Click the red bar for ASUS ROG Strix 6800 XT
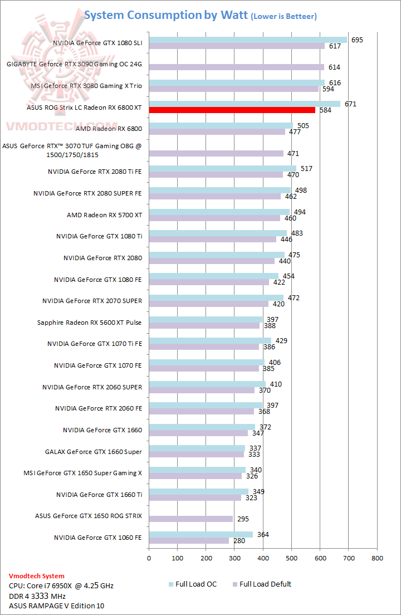[x=232, y=110]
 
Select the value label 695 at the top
[x=358, y=40]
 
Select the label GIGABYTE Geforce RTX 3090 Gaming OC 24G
[x=74, y=65]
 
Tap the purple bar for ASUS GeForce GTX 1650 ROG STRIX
[x=190, y=519]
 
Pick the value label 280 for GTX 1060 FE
[x=241, y=540]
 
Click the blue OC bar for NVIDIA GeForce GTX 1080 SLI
[x=247, y=40]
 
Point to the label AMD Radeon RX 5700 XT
[x=104, y=215]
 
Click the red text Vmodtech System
[x=36, y=576]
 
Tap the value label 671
[x=350, y=104]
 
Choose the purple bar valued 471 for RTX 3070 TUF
[x=216, y=153]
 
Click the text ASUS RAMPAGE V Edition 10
[x=56, y=606]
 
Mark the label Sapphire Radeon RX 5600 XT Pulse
[x=90, y=323]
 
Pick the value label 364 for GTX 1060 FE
[x=264, y=534]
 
